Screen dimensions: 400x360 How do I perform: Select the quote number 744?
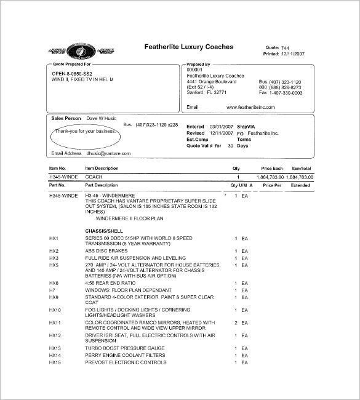[x=285, y=47]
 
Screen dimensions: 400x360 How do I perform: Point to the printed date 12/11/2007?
[x=294, y=54]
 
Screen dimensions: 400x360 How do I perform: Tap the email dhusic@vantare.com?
[x=108, y=153]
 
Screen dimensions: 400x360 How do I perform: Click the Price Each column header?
[x=271, y=168]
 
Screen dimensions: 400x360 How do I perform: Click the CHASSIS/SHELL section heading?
[x=106, y=230]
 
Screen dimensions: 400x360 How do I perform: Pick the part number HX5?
[x=54, y=265]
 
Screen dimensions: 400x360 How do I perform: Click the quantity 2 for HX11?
[x=236, y=322]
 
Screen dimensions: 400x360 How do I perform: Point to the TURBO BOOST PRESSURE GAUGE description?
[x=126, y=348]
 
